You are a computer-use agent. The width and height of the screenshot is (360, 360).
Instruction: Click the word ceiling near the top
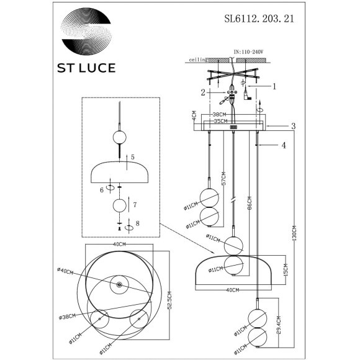point(197,61)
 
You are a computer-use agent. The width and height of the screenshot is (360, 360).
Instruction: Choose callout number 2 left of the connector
point(204,92)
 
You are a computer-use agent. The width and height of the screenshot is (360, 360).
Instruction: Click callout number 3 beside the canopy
point(292,126)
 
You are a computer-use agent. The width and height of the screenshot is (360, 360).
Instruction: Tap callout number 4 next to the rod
point(284,146)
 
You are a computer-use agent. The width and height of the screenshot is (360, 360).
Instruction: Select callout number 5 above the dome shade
point(133,158)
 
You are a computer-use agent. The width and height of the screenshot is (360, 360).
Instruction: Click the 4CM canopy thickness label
point(194,117)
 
